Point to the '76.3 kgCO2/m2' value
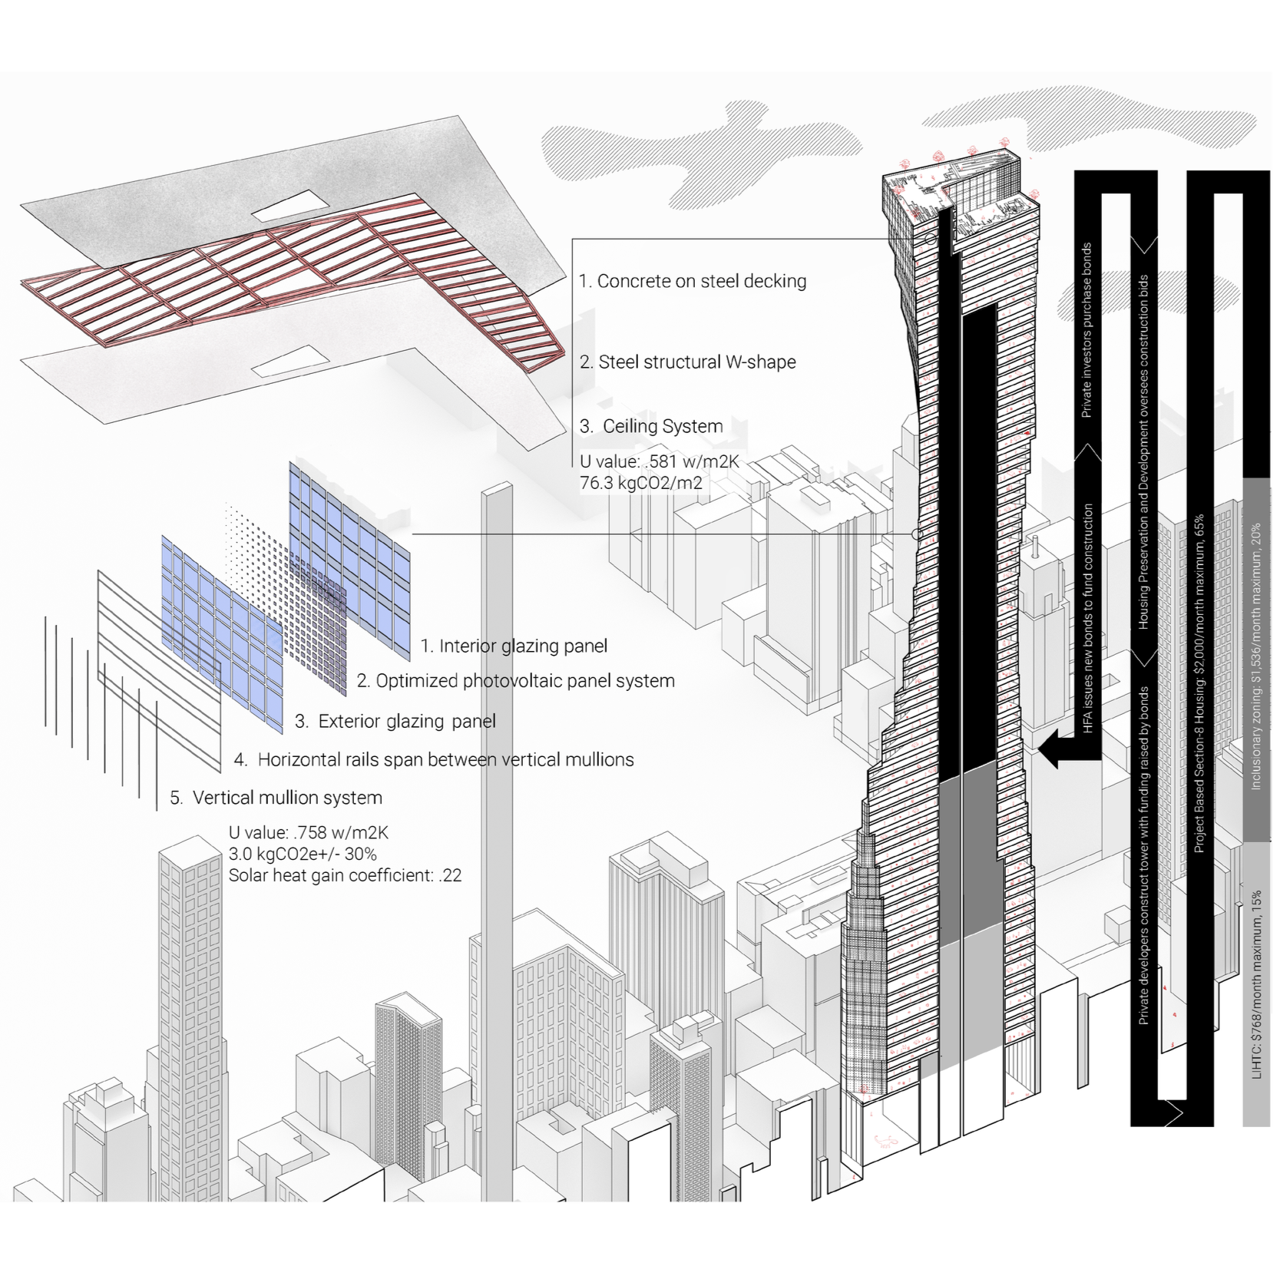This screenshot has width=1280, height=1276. (641, 483)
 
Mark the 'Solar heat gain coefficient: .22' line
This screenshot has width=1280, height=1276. (345, 875)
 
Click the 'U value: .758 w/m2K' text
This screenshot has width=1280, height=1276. (308, 832)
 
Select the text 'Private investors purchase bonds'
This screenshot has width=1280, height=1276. (1087, 330)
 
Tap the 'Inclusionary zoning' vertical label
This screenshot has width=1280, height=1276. (1256, 656)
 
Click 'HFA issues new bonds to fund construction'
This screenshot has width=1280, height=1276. (1088, 618)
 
